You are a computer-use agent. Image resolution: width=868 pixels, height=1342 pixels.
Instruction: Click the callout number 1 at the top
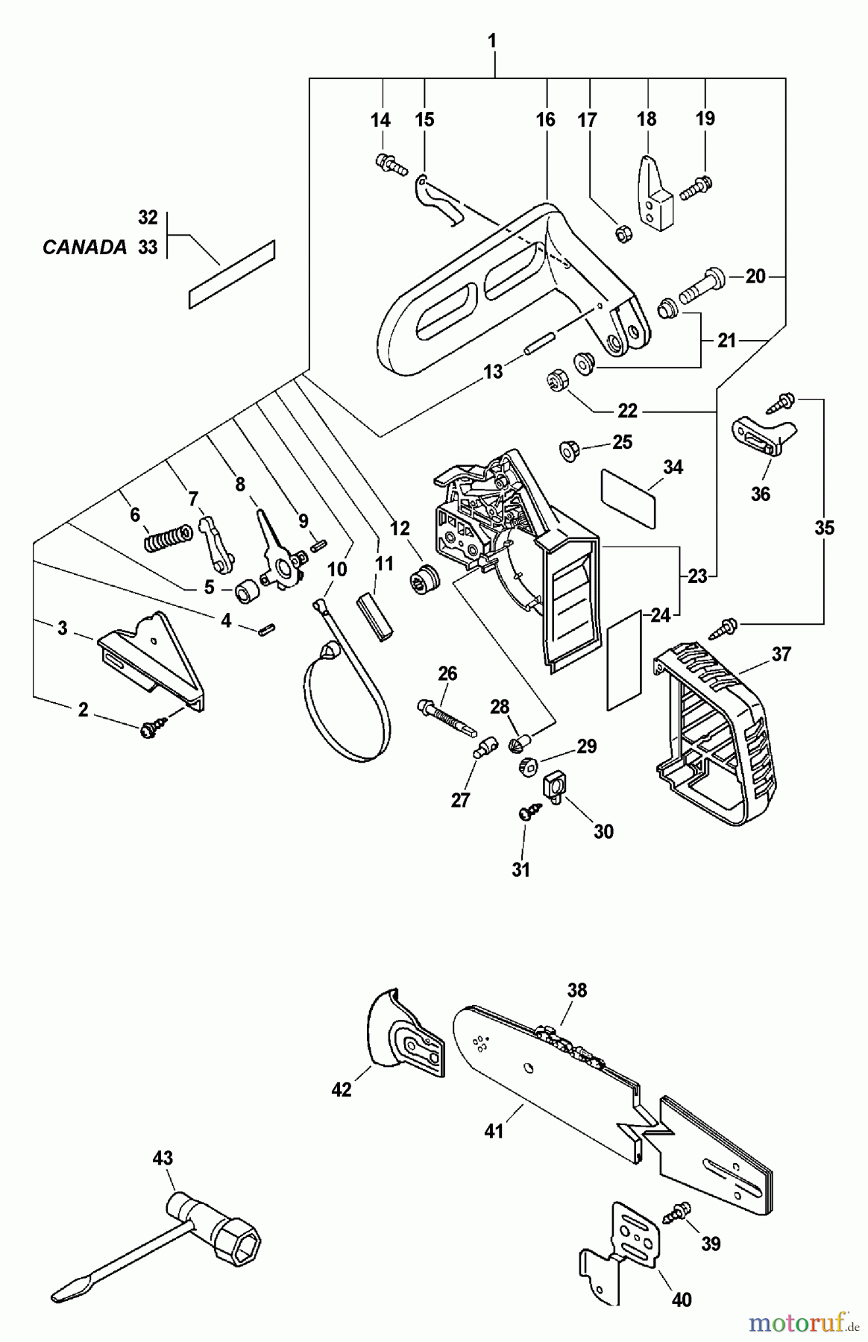492,41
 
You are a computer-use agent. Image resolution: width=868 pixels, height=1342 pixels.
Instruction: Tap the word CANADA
84,248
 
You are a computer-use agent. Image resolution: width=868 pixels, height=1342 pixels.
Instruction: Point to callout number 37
781,654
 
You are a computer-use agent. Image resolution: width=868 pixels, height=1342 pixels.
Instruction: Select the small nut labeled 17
620,234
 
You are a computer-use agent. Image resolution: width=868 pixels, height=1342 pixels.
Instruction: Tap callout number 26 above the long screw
447,673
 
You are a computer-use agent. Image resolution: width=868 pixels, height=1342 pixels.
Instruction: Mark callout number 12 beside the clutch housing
400,529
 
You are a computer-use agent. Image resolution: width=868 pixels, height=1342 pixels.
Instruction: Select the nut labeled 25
570,450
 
